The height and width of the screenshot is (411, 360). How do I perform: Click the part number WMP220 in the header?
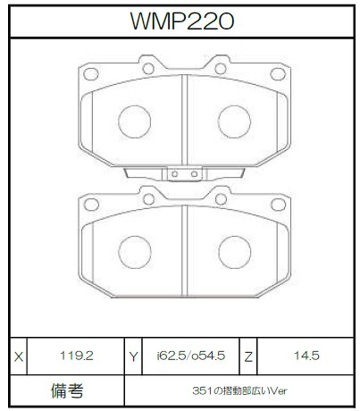click(x=182, y=21)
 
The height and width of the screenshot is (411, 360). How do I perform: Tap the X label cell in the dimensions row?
click(x=19, y=356)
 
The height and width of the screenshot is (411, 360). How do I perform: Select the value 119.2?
click(x=77, y=356)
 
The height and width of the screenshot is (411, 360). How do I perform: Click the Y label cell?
click(x=133, y=356)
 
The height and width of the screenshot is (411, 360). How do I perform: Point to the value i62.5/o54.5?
click(x=191, y=356)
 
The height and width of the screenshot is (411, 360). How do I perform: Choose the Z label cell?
click(x=248, y=356)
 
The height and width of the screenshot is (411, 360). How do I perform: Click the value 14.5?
click(x=306, y=356)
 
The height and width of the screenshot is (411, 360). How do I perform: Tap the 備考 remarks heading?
click(x=67, y=390)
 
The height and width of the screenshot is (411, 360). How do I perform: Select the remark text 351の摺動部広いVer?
click(x=239, y=390)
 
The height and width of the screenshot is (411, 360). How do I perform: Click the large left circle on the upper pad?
click(x=134, y=122)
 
